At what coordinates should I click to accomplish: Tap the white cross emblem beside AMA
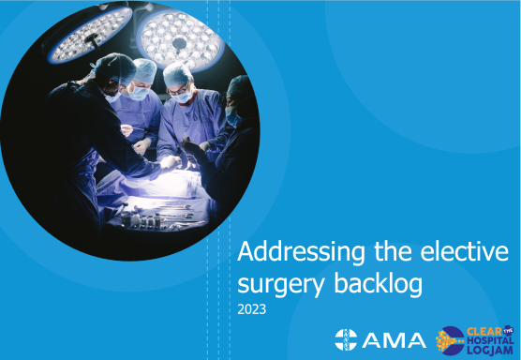(x=346, y=337)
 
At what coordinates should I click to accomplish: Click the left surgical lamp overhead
(x=91, y=36)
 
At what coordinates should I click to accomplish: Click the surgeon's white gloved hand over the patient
(x=170, y=161)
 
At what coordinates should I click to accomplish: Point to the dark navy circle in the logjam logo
(x=451, y=340)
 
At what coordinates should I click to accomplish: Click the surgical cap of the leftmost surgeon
(x=115, y=65)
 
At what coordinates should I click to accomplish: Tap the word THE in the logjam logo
(x=511, y=330)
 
